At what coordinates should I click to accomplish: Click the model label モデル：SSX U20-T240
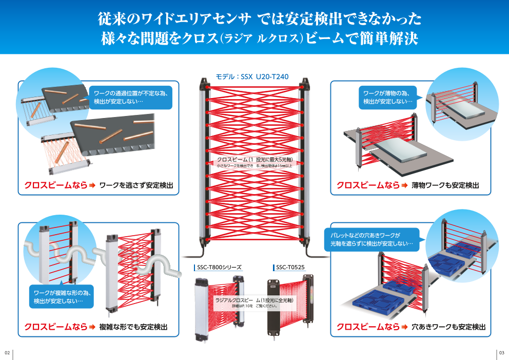[252, 77]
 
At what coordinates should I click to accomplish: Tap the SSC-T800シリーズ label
[220, 268]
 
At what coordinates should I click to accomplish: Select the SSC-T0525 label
[290, 268]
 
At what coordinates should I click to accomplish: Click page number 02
[7, 353]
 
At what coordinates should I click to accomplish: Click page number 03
[502, 353]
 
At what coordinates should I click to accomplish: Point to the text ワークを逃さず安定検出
[136, 185]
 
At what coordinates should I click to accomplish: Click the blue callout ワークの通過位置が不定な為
[131, 97]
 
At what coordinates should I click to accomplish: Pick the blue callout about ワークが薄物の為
[388, 97]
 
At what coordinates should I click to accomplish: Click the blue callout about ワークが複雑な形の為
[62, 296]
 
